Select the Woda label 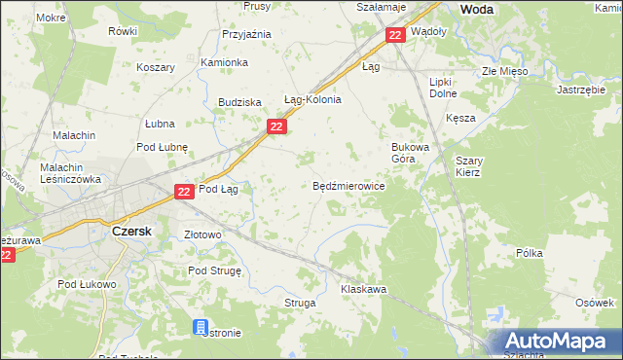(x=475, y=9)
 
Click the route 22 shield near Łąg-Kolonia (x=276, y=127)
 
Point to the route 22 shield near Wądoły (x=394, y=36)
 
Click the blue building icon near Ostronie (x=201, y=327)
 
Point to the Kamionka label (x=225, y=62)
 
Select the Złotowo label (x=203, y=234)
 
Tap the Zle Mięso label (x=504, y=71)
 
